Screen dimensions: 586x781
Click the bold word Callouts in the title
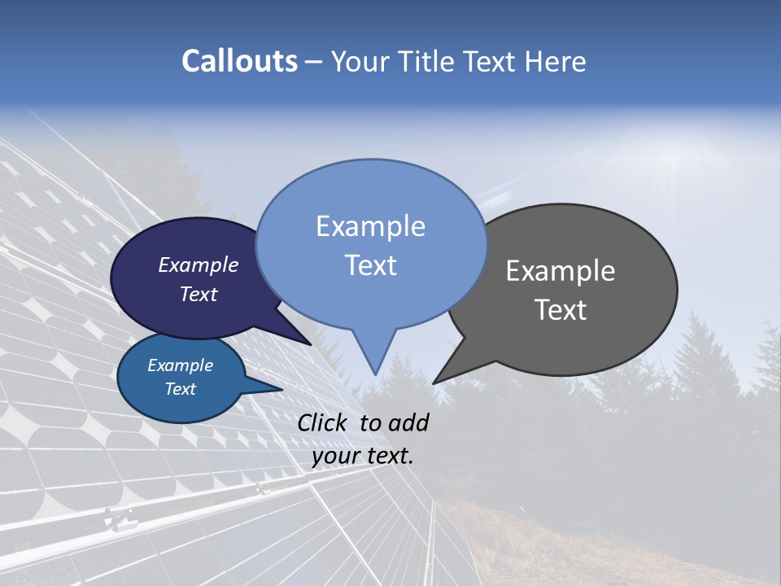click(239, 61)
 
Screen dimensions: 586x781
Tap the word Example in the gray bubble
click(561, 271)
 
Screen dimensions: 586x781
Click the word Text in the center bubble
click(371, 265)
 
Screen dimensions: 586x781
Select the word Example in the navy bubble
click(199, 265)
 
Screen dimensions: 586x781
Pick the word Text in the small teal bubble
click(181, 389)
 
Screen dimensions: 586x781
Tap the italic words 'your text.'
click(363, 456)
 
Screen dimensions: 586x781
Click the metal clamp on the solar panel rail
click(120, 518)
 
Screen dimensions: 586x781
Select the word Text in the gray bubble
click(561, 310)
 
